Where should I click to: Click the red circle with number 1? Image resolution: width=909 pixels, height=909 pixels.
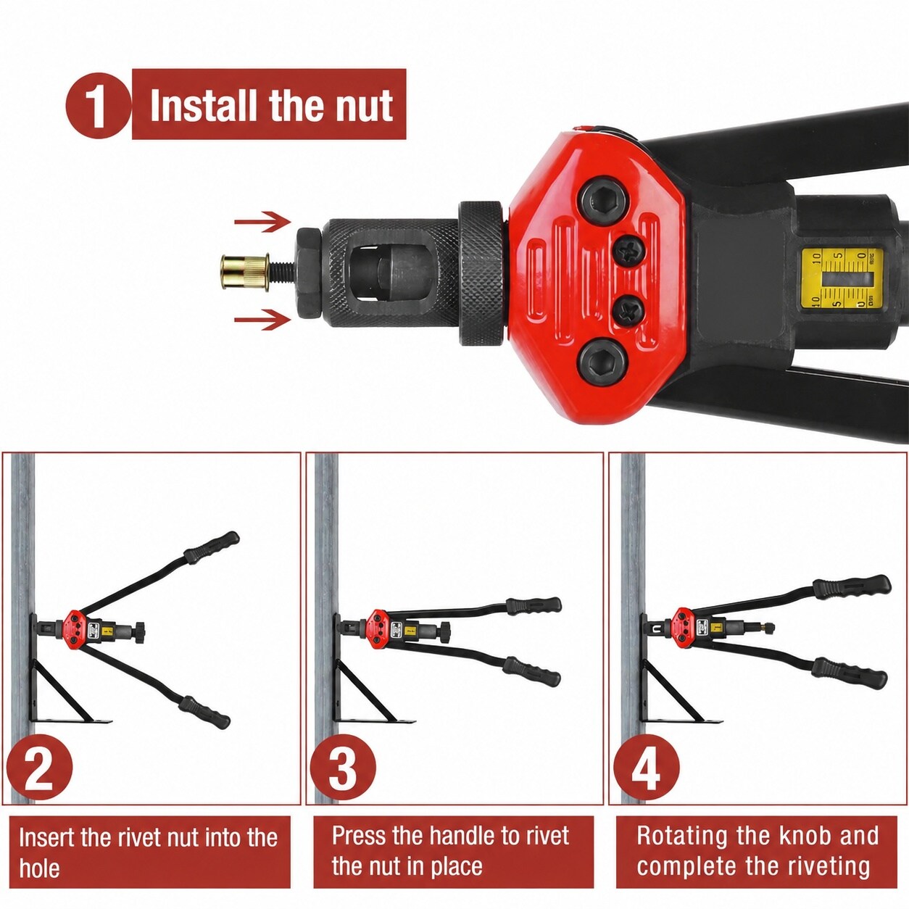click(x=98, y=105)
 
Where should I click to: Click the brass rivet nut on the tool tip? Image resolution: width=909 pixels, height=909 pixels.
click(x=245, y=273)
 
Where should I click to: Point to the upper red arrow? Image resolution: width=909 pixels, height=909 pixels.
click(x=262, y=222)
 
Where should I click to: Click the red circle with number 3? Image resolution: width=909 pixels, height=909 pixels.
click(x=343, y=766)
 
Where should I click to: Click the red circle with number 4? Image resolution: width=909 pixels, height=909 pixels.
click(x=646, y=766)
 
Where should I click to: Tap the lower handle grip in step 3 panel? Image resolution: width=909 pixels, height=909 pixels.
click(x=531, y=671)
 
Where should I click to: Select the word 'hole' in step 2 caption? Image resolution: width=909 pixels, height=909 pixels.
click(x=40, y=868)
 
